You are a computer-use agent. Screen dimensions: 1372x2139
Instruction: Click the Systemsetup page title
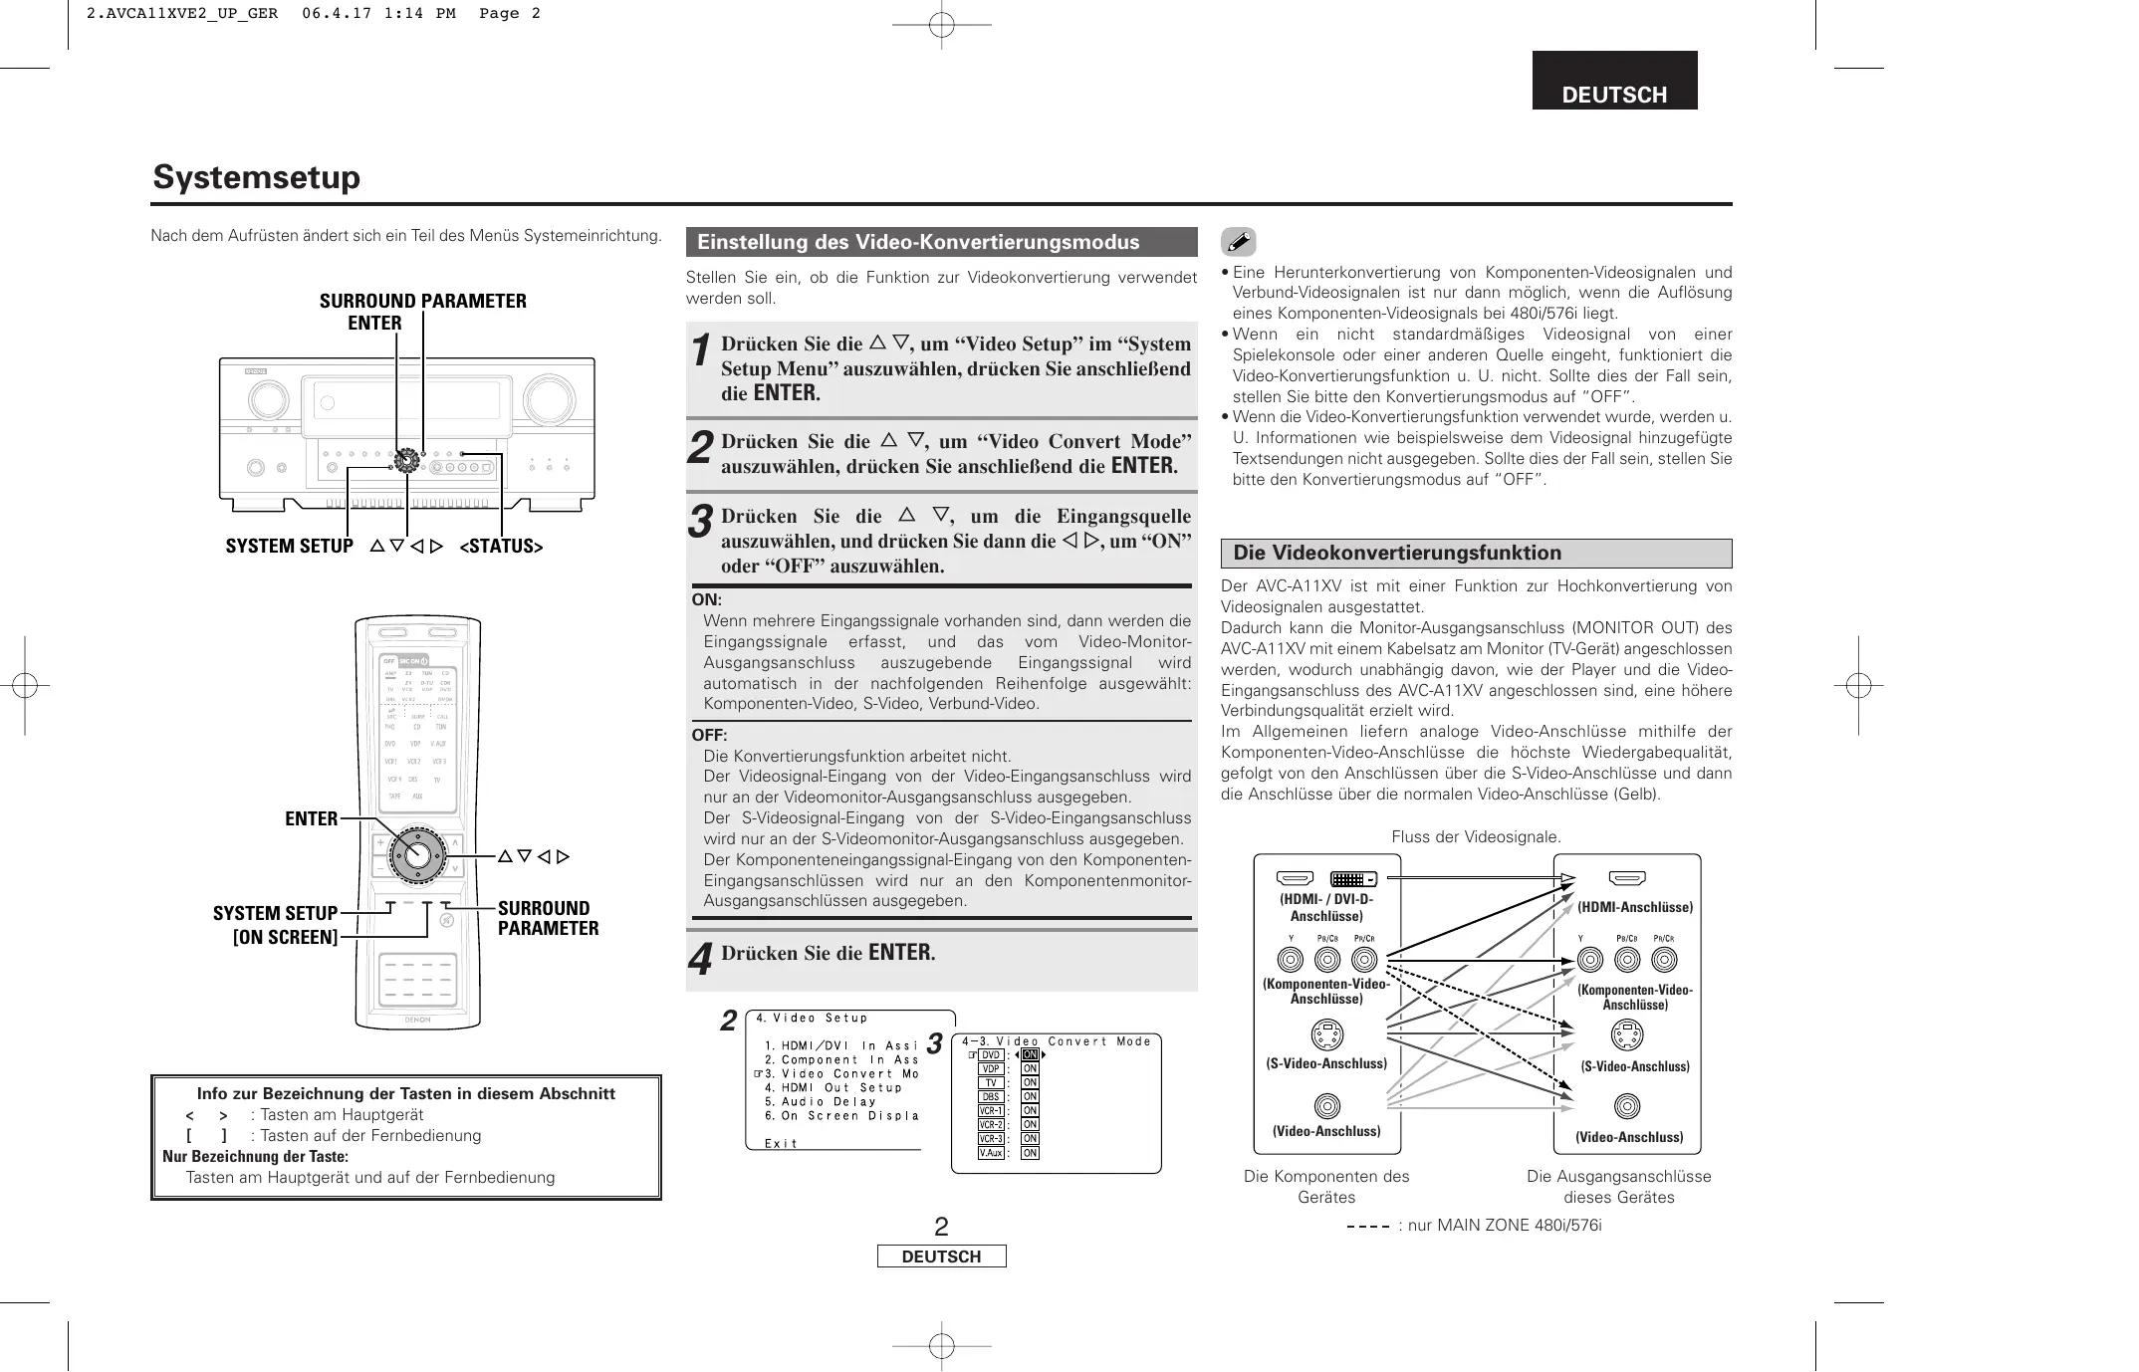tap(257, 177)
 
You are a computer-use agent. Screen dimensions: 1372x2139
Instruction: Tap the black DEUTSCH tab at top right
tap(1613, 82)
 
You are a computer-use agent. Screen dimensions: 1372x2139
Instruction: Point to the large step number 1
tap(701, 351)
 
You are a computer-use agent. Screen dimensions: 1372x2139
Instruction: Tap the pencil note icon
tap(1238, 242)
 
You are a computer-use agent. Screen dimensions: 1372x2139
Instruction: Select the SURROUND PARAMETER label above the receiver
tap(422, 301)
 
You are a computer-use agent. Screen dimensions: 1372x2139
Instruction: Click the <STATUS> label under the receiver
tap(501, 546)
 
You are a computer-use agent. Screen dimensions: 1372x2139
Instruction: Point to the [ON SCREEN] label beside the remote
tap(285, 937)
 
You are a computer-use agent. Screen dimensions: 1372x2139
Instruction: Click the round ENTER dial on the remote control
tap(416, 854)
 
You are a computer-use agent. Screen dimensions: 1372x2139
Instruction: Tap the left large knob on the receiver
tap(267, 399)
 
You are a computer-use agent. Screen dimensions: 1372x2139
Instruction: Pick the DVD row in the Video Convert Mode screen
tap(991, 1055)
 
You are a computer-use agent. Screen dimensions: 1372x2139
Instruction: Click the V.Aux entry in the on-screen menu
tap(991, 1153)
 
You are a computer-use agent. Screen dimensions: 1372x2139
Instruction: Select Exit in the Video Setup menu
tap(782, 1143)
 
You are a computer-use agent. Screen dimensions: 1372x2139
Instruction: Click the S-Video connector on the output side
tap(1626, 1036)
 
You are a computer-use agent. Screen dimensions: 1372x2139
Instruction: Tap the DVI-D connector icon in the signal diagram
tap(1353, 879)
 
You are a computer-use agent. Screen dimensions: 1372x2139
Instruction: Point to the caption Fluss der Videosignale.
tap(1476, 837)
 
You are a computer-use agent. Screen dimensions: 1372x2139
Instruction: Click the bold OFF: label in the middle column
tap(709, 736)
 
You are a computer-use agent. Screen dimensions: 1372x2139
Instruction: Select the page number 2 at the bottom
tap(941, 1227)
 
